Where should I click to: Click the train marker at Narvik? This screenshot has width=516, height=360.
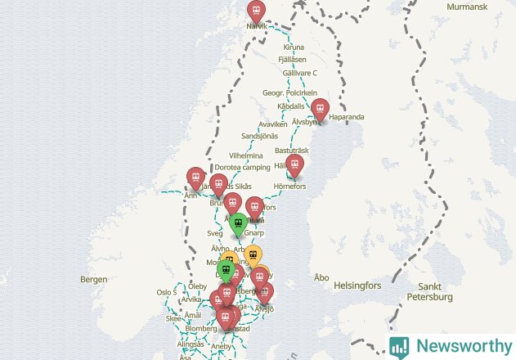click(257, 11)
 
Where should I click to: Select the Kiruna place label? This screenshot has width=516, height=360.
click(294, 47)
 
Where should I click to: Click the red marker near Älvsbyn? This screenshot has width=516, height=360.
click(321, 109)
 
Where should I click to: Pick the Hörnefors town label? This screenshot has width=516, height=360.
click(289, 186)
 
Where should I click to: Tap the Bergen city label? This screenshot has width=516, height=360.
click(93, 279)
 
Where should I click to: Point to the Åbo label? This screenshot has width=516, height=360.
click(321, 277)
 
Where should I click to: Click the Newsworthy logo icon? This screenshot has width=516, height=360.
click(399, 346)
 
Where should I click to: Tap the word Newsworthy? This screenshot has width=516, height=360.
click(462, 346)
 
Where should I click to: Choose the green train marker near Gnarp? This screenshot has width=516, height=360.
click(238, 223)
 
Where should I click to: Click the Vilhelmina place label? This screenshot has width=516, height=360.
click(246, 155)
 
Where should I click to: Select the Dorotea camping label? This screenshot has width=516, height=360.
click(242, 167)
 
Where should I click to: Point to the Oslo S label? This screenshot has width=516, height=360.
click(166, 292)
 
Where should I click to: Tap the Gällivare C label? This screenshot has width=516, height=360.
click(299, 72)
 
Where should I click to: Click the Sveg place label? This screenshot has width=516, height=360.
click(215, 232)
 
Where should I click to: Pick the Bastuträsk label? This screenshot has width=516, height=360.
click(291, 151)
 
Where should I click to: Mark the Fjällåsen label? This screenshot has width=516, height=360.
click(292, 60)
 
